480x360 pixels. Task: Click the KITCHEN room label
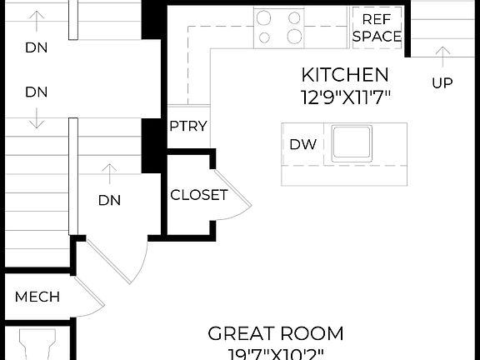[x=345, y=74]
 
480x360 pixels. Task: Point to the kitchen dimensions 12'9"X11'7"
[x=345, y=96]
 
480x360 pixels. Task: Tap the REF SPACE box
[x=377, y=27]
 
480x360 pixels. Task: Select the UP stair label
[x=442, y=82]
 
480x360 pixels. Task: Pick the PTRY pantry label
[x=188, y=127]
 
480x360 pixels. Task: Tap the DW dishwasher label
[x=302, y=144]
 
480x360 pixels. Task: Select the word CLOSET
[x=199, y=195]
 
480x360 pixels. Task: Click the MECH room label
[x=37, y=297]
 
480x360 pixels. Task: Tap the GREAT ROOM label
[x=275, y=334]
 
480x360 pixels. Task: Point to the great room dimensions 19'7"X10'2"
[x=275, y=354]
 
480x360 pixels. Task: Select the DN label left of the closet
[x=109, y=200]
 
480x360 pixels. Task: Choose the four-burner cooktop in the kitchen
[x=278, y=27]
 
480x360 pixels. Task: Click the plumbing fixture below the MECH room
[x=37, y=343]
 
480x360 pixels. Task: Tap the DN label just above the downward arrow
[x=36, y=91]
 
